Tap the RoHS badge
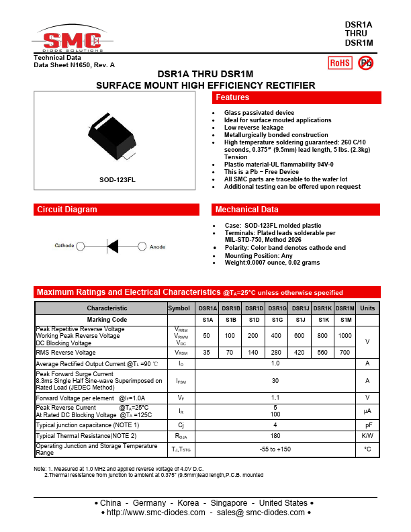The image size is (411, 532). tap(339, 63)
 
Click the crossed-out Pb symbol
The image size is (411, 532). tap(366, 63)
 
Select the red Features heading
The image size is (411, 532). tap(233, 98)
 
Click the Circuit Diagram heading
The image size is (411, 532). tap(67, 210)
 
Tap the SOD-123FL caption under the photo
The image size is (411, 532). tap(117, 180)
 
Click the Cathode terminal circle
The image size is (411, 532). tap(81, 247)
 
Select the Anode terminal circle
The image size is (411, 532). tap(142, 247)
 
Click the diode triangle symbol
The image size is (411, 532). tap(113, 247)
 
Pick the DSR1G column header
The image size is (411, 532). tap(276, 308)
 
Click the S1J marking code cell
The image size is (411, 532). tap(300, 320)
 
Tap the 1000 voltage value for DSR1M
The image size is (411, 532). tap(345, 335)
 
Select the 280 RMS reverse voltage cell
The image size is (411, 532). tap(276, 352)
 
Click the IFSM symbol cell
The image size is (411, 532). tap(181, 381)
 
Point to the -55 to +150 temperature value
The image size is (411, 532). tap(275, 449)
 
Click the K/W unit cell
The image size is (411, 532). tap(367, 435)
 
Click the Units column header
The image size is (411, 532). tap(367, 308)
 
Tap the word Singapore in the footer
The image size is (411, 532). tap(230, 503)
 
